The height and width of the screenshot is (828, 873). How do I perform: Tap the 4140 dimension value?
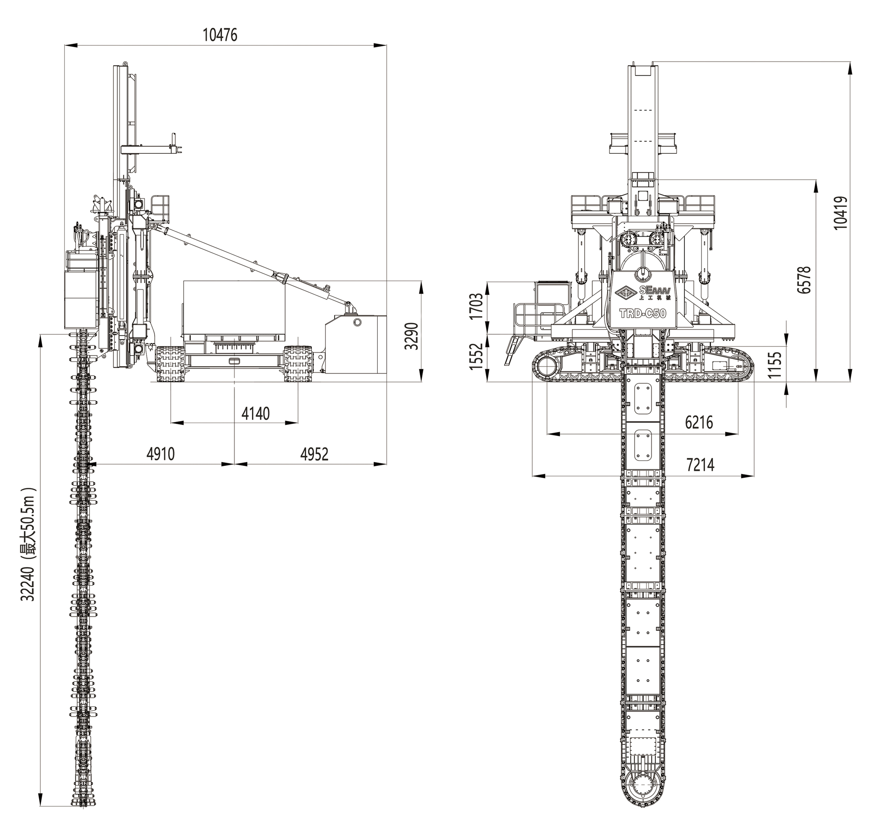point(256,414)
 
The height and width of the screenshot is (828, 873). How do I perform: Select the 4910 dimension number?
point(161,454)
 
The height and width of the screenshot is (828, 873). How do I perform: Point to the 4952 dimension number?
point(314,454)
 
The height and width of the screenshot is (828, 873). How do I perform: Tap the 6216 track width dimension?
point(699,422)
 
